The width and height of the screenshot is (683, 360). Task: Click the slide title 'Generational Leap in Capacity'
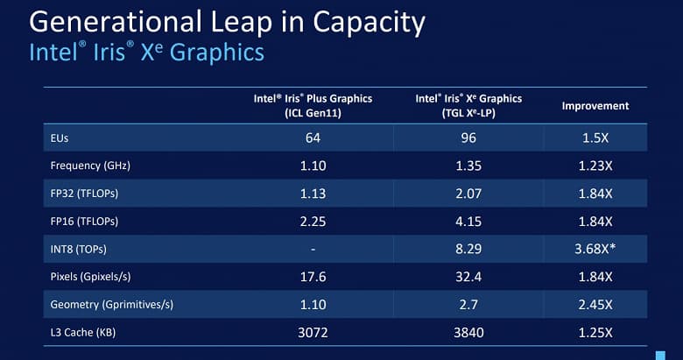pos(227,21)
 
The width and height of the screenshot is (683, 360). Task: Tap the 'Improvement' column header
pos(595,106)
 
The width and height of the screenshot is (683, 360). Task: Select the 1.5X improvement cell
pos(595,138)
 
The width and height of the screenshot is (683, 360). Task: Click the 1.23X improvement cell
pos(595,164)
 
